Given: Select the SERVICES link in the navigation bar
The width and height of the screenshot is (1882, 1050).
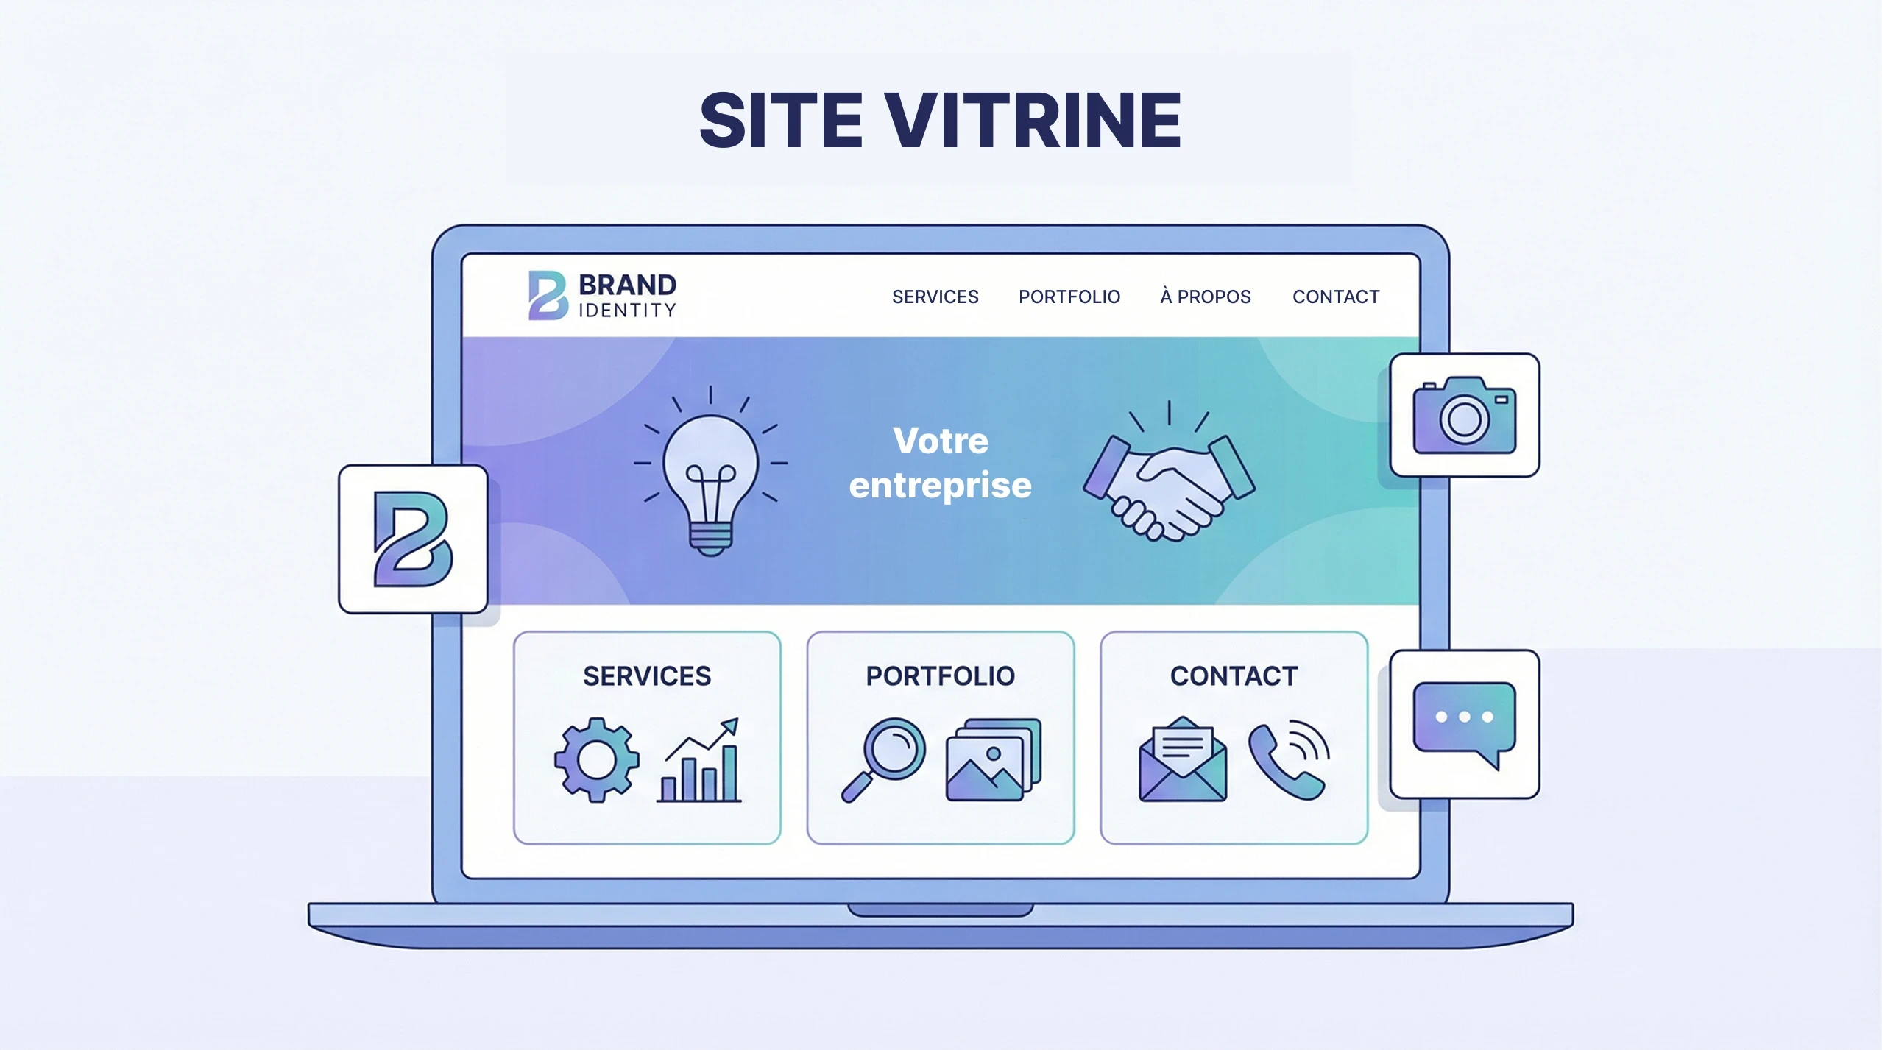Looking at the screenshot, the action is click(x=935, y=297).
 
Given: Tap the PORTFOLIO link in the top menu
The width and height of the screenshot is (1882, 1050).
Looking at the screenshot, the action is click(x=1069, y=297).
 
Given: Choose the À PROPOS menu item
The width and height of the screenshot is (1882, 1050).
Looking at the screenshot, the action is click(x=1205, y=297).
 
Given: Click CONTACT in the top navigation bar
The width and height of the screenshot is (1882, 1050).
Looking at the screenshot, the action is click(x=1335, y=297).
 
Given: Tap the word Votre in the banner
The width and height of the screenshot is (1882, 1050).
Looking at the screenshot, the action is click(x=940, y=441).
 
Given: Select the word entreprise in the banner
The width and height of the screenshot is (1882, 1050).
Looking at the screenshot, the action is click(x=940, y=486).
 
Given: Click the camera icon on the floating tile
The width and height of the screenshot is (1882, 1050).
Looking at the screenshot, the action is click(x=1464, y=416).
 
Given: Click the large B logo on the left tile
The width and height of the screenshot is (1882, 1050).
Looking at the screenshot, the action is click(x=412, y=539).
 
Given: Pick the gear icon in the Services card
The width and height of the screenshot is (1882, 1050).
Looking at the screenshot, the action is click(x=596, y=759).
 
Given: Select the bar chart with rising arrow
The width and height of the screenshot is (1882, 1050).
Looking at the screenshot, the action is click(x=699, y=761).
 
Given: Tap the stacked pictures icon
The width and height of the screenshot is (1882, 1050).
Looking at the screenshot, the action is click(x=993, y=759).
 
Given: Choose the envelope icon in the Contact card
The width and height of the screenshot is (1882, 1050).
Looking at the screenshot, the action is click(x=1182, y=761).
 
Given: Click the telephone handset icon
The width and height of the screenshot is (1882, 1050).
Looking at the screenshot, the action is click(x=1288, y=761).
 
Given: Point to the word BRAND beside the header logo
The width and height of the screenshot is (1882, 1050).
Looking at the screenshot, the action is click(x=627, y=285).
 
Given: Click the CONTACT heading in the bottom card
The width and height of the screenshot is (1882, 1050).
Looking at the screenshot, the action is click(x=1234, y=676).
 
